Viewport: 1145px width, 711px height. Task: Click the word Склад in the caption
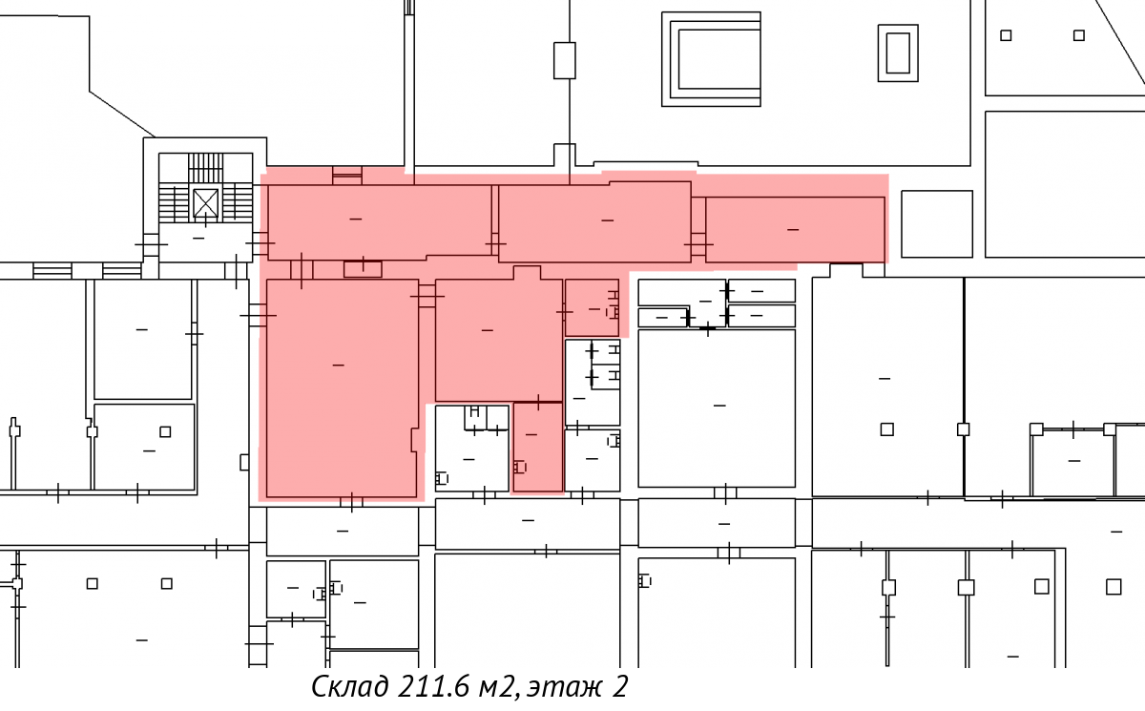350,686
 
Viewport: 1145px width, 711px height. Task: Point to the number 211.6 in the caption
433,686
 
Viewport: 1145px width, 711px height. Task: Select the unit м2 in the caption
496,687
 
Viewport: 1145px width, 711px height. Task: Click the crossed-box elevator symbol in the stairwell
206,202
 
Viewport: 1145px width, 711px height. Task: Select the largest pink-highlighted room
342,388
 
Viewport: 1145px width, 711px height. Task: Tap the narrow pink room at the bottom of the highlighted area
538,448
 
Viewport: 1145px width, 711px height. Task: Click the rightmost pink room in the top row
795,229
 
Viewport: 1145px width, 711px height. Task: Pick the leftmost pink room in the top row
380,222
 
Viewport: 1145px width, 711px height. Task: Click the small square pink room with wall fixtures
592,307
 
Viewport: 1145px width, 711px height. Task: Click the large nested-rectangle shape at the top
711,59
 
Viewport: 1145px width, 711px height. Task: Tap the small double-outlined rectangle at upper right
898,53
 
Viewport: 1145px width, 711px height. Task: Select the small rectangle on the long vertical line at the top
564,60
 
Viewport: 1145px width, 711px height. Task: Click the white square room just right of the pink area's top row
936,224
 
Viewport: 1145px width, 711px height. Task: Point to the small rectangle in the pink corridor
363,269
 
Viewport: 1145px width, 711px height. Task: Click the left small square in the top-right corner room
1006,35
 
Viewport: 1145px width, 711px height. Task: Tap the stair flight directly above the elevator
205,167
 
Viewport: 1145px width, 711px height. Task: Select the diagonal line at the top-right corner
1119,42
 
